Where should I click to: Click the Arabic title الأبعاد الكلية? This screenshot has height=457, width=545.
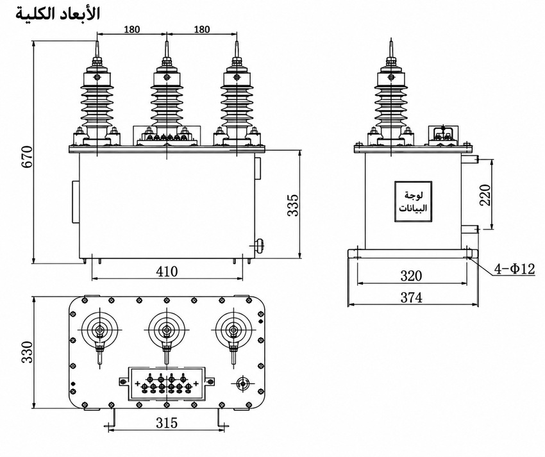[58, 13]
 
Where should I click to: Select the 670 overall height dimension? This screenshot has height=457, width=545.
[27, 157]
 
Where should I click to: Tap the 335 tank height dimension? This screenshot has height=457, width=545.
[292, 205]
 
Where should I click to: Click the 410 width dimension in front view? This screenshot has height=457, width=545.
[167, 271]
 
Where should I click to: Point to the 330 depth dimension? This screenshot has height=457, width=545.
[27, 352]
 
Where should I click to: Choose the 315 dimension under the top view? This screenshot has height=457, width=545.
[167, 422]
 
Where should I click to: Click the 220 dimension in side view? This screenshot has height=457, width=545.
[485, 195]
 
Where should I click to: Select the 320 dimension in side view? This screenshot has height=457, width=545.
[411, 276]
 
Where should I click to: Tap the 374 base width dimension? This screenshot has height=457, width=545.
[411, 297]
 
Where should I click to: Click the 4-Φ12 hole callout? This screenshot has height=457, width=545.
[515, 269]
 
